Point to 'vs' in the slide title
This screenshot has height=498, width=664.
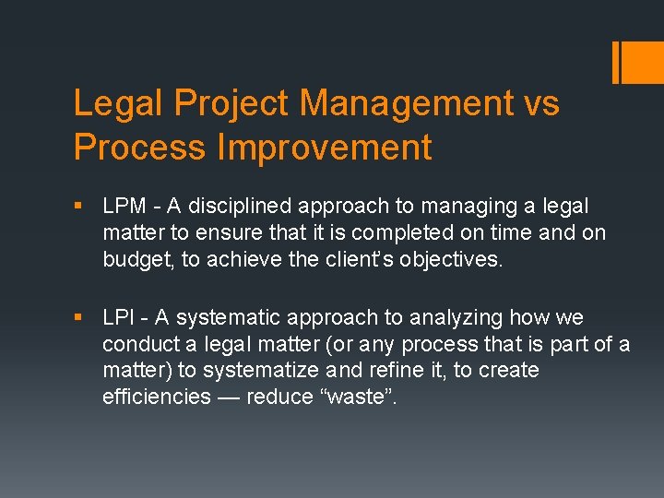tap(539, 103)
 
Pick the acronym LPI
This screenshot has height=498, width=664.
tap(119, 318)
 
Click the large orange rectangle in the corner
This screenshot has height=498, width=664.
tap(643, 62)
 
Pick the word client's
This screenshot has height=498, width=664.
tap(338, 260)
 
